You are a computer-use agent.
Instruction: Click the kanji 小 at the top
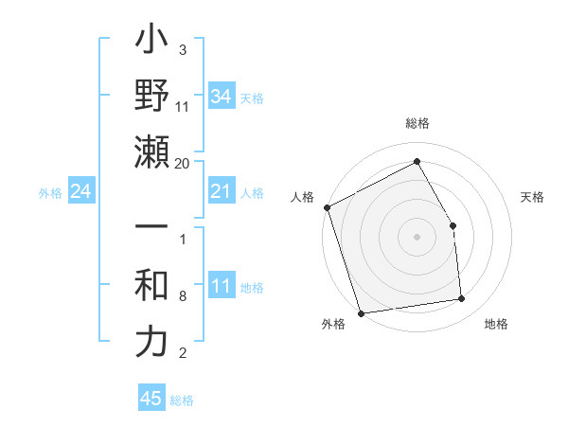pyautogui.click(x=151, y=43)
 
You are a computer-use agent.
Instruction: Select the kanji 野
pyautogui.click(x=151, y=97)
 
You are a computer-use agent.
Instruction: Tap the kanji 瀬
pyautogui.click(x=151, y=151)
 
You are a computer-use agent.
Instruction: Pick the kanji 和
pyautogui.click(x=151, y=286)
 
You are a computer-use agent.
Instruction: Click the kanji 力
pyautogui.click(x=151, y=342)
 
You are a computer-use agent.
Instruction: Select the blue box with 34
pyautogui.click(x=222, y=97)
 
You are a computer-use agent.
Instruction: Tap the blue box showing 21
pyautogui.click(x=222, y=192)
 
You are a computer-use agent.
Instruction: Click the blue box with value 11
pyautogui.click(x=222, y=286)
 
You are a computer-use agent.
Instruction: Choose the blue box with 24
pyautogui.click(x=80, y=192)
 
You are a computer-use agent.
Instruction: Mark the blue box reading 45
pyautogui.click(x=151, y=399)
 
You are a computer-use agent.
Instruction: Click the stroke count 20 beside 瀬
pyautogui.click(x=183, y=163)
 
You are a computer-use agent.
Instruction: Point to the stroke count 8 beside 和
pyautogui.click(x=182, y=297)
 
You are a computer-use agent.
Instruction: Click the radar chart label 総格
pyautogui.click(x=417, y=123)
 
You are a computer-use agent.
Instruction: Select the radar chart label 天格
pyautogui.click(x=532, y=197)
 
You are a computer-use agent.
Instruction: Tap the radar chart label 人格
pyautogui.click(x=303, y=197)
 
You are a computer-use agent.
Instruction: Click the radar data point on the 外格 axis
pyautogui.click(x=361, y=312)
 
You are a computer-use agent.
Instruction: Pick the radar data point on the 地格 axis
pyautogui.click(x=462, y=299)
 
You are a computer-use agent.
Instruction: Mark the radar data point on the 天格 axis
pyautogui.click(x=453, y=225)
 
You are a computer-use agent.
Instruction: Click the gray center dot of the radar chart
pyautogui.click(x=417, y=237)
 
